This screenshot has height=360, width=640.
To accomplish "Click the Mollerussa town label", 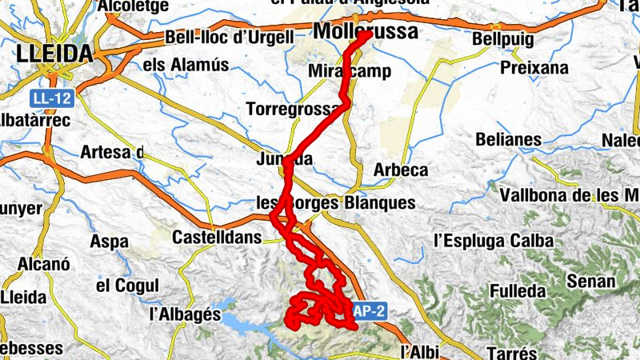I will [x=366, y=32].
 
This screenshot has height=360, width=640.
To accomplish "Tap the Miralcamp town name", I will [x=350, y=71].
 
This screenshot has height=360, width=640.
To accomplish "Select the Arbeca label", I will [x=401, y=170].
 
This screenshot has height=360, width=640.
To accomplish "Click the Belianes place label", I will [x=508, y=139].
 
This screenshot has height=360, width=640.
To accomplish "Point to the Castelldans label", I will [x=217, y=238].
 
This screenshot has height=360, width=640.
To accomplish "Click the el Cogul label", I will [x=127, y=286].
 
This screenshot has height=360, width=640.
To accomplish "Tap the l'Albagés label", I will [x=185, y=314].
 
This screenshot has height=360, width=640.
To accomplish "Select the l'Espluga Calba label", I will [x=493, y=240].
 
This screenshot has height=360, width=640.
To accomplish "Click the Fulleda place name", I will [x=518, y=290].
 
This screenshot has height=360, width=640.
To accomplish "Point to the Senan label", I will [x=590, y=281].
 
